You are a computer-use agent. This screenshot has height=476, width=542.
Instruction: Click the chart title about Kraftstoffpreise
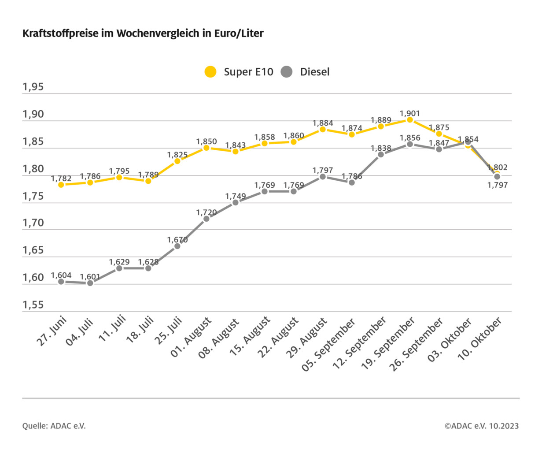(143, 33)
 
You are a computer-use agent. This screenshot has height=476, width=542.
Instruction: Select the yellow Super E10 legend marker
(211, 72)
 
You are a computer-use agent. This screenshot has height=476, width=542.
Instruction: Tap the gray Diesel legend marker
(287, 72)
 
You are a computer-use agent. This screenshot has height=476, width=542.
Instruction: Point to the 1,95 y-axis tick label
(33, 87)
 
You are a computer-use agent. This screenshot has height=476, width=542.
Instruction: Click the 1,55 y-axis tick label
(33, 305)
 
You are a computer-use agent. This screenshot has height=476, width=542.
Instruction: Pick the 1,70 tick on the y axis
(33, 223)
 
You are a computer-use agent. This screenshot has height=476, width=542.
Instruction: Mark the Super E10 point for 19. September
(410, 120)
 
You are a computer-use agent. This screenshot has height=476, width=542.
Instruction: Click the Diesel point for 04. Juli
(90, 283)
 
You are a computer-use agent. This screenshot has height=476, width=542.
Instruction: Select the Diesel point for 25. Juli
(177, 246)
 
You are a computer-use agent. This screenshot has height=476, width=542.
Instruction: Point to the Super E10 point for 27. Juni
(61, 185)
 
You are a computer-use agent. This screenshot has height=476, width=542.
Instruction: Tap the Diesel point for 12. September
(381, 154)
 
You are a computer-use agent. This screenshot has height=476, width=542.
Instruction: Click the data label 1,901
(410, 114)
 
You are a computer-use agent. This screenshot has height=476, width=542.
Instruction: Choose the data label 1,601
(90, 277)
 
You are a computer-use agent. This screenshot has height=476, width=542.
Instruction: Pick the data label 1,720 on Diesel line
(206, 212)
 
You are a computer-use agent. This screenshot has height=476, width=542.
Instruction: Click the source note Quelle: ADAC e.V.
(54, 426)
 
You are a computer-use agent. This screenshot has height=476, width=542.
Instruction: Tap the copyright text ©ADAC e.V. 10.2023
(481, 426)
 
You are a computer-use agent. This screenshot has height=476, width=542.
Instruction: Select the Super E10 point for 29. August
(323, 129)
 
